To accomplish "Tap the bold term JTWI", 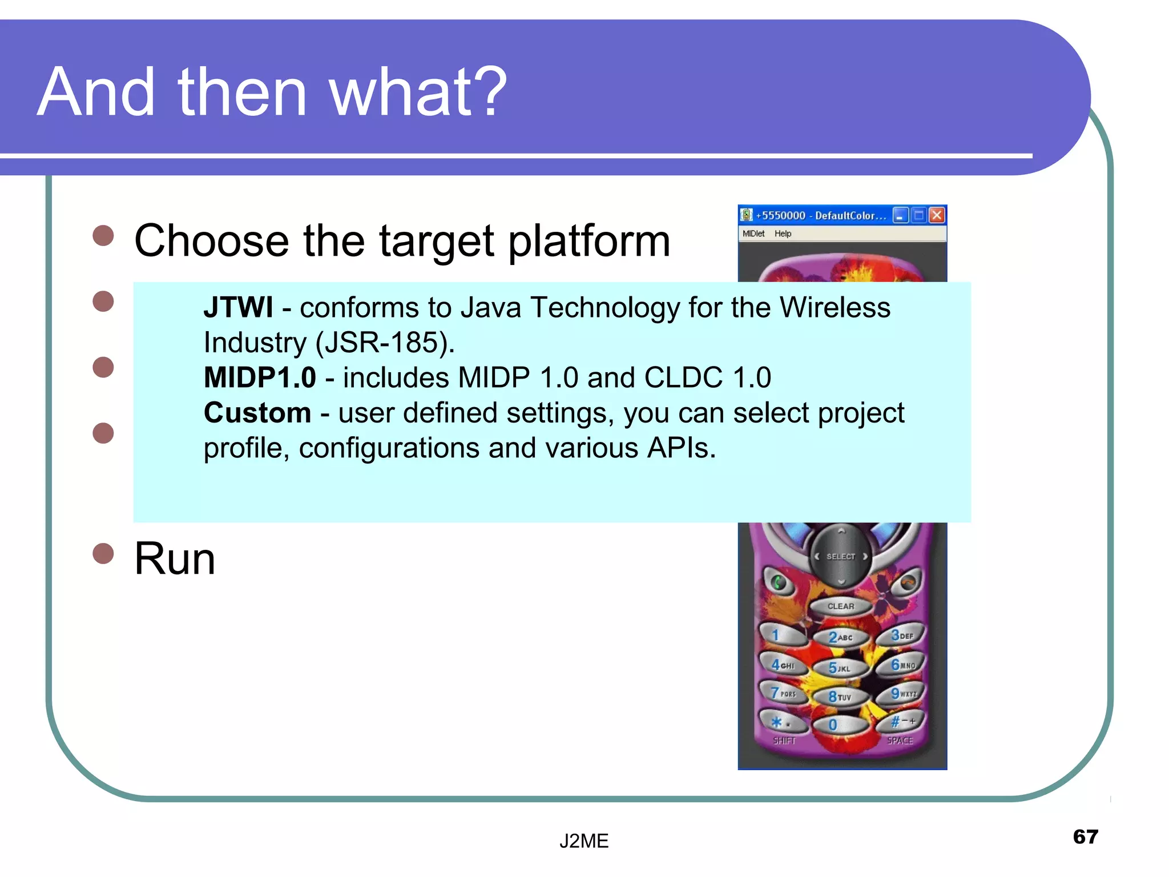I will tap(238, 308).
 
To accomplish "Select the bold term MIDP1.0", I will tap(260, 378).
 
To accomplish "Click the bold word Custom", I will tap(257, 413).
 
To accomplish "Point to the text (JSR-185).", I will tap(385, 343).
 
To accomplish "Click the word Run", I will tap(175, 559).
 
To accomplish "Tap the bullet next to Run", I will tap(103, 553).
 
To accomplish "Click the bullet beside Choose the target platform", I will tap(103, 235).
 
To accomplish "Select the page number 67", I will tap(1085, 837).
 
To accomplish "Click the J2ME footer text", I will tap(584, 841).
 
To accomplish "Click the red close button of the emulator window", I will tap(937, 215).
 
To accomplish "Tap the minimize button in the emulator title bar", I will tap(900, 215).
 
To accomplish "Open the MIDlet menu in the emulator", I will tap(753, 234).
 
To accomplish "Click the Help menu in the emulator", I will tap(783, 234).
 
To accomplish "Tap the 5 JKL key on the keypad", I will tap(839, 667).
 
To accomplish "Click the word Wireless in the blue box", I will tap(835, 308).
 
